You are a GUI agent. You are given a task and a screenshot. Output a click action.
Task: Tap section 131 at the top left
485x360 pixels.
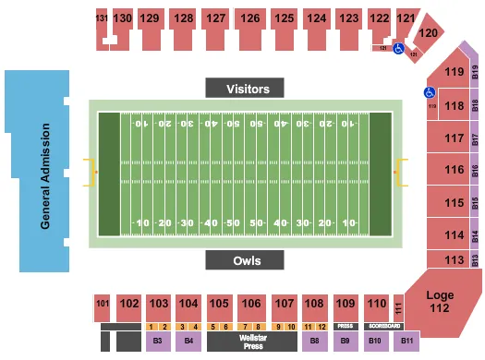pyautogui.click(x=102, y=18)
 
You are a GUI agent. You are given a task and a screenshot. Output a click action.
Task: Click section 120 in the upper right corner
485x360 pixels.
pyautogui.click(x=427, y=32)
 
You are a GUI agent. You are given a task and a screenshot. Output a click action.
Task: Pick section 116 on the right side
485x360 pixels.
pyautogui.click(x=452, y=170)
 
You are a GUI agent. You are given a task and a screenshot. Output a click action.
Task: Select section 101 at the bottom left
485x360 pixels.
pyautogui.click(x=102, y=303)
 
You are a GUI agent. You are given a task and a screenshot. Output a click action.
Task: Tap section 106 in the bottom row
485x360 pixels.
pyautogui.click(x=251, y=304)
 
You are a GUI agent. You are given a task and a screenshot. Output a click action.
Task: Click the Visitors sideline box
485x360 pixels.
pyautogui.click(x=249, y=89)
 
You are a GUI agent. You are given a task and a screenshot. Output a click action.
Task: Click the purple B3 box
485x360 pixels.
pyautogui.click(x=159, y=342)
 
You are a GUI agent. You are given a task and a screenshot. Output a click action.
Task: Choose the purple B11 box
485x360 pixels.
pyautogui.click(x=407, y=342)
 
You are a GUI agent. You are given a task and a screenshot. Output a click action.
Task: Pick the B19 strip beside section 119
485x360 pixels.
pyautogui.click(x=475, y=73)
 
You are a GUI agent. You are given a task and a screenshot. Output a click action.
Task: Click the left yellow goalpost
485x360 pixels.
pyautogui.click(x=91, y=172)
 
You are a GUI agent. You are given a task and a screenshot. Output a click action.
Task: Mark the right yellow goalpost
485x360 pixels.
pyautogui.click(x=400, y=172)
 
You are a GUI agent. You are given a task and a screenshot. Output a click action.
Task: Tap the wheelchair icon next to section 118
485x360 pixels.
pyautogui.click(x=430, y=92)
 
